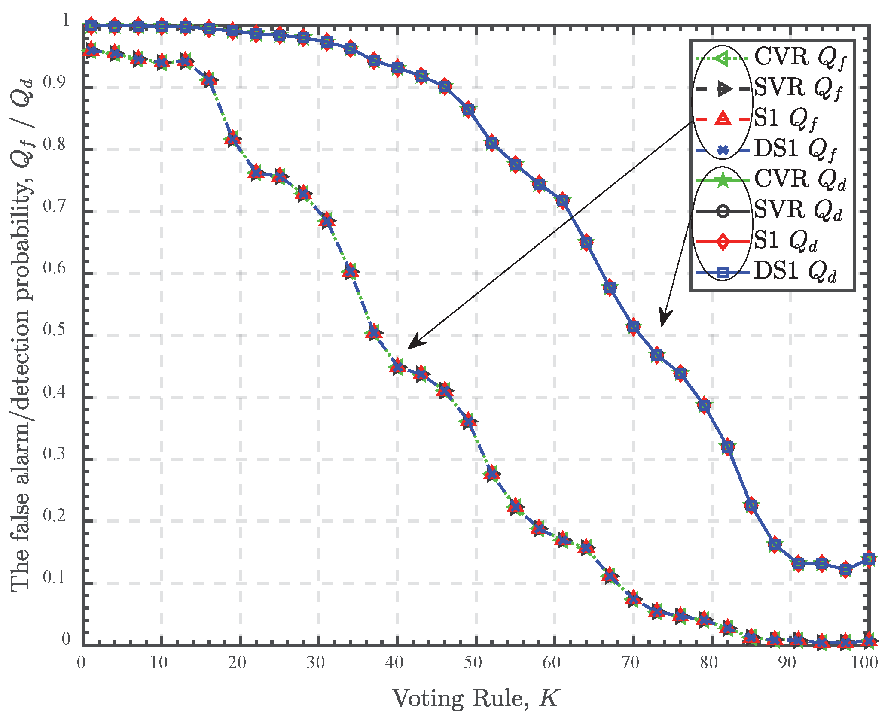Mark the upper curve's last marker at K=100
869,559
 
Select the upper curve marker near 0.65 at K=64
586,243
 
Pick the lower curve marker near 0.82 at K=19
232,139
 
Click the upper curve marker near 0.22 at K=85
751,506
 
